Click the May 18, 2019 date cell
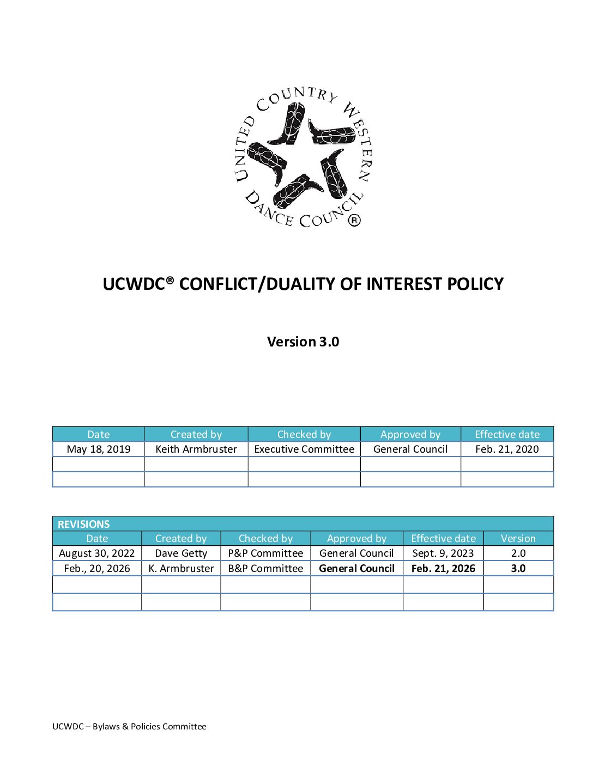pos(99,449)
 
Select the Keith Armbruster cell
pos(196,449)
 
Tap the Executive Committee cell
pos(304,449)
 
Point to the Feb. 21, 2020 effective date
pos(507,449)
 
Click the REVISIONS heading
pos(84,524)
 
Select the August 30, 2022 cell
pos(97,553)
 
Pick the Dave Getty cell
pos(181,553)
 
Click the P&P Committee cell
pos(265,553)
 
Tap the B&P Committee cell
pos(265,569)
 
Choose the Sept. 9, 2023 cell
pos(443,553)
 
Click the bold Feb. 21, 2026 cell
pos(443,569)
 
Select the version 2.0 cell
pos(518,553)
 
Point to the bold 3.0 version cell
pos(518,569)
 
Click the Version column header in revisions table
pos(518,539)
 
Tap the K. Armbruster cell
pos(181,569)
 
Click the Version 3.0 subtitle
pos(303,342)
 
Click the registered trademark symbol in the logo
pos(354,220)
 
